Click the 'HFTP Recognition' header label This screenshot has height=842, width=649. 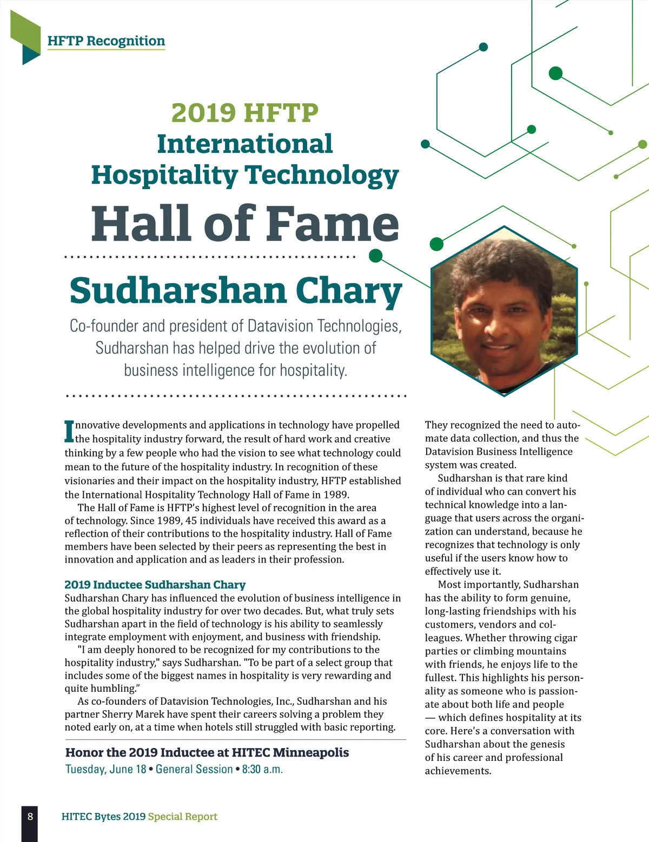coord(106,41)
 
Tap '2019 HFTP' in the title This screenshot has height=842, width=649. coord(244,112)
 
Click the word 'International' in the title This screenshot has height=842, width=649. coord(244,144)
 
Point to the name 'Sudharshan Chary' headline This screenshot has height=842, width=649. coord(235,291)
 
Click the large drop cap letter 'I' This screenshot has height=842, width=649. coord(69,431)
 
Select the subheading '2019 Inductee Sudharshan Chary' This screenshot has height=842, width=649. coord(155,585)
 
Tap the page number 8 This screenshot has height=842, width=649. coord(30,816)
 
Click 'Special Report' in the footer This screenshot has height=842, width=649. coord(183,817)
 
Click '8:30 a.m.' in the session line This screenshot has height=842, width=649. coord(262,769)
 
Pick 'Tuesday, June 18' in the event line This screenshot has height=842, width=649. coord(106,769)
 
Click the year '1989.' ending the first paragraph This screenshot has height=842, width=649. coord(336,494)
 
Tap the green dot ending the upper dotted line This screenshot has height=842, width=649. coord(375,256)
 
